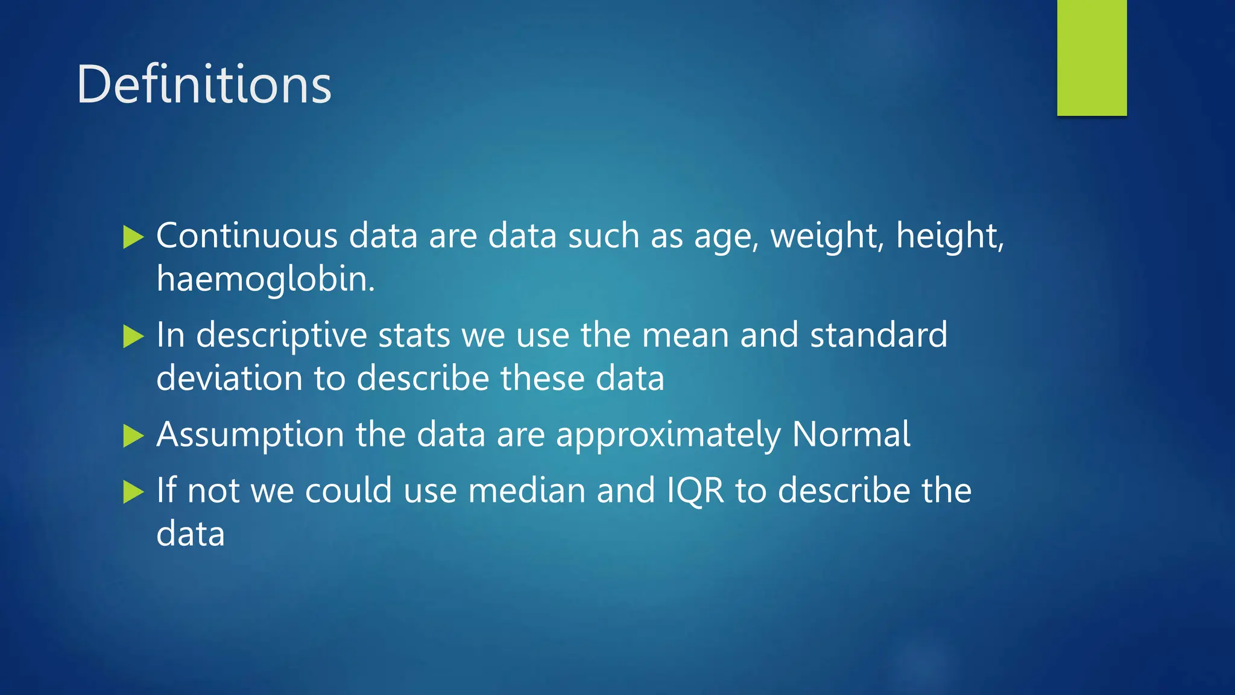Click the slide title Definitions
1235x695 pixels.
[204, 84]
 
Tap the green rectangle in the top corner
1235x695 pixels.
[1091, 57]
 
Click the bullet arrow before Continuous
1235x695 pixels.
[133, 237]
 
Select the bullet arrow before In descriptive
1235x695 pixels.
[133, 337]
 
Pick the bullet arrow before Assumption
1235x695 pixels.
[133, 436]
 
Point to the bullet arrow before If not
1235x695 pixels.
[133, 492]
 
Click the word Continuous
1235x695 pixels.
[246, 235]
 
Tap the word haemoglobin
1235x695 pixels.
[265, 279]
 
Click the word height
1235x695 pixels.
[949, 236]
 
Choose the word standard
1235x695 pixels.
[878, 335]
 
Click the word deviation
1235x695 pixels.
[229, 379]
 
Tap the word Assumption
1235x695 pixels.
[250, 436]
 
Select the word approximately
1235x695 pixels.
[668, 436]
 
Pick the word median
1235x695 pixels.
[526, 490]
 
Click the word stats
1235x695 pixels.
[414, 335]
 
